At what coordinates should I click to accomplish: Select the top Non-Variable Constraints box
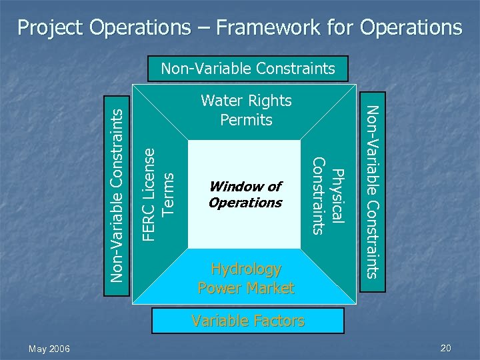point(248,68)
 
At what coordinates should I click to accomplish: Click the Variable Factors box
point(247,321)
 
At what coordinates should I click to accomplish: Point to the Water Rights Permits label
point(247,110)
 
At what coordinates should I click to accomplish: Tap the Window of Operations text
point(245,194)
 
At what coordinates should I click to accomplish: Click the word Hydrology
point(246,269)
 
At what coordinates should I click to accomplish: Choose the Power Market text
point(246,288)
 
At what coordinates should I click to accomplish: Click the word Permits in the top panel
point(247,120)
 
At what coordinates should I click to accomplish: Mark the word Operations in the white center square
point(245,203)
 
